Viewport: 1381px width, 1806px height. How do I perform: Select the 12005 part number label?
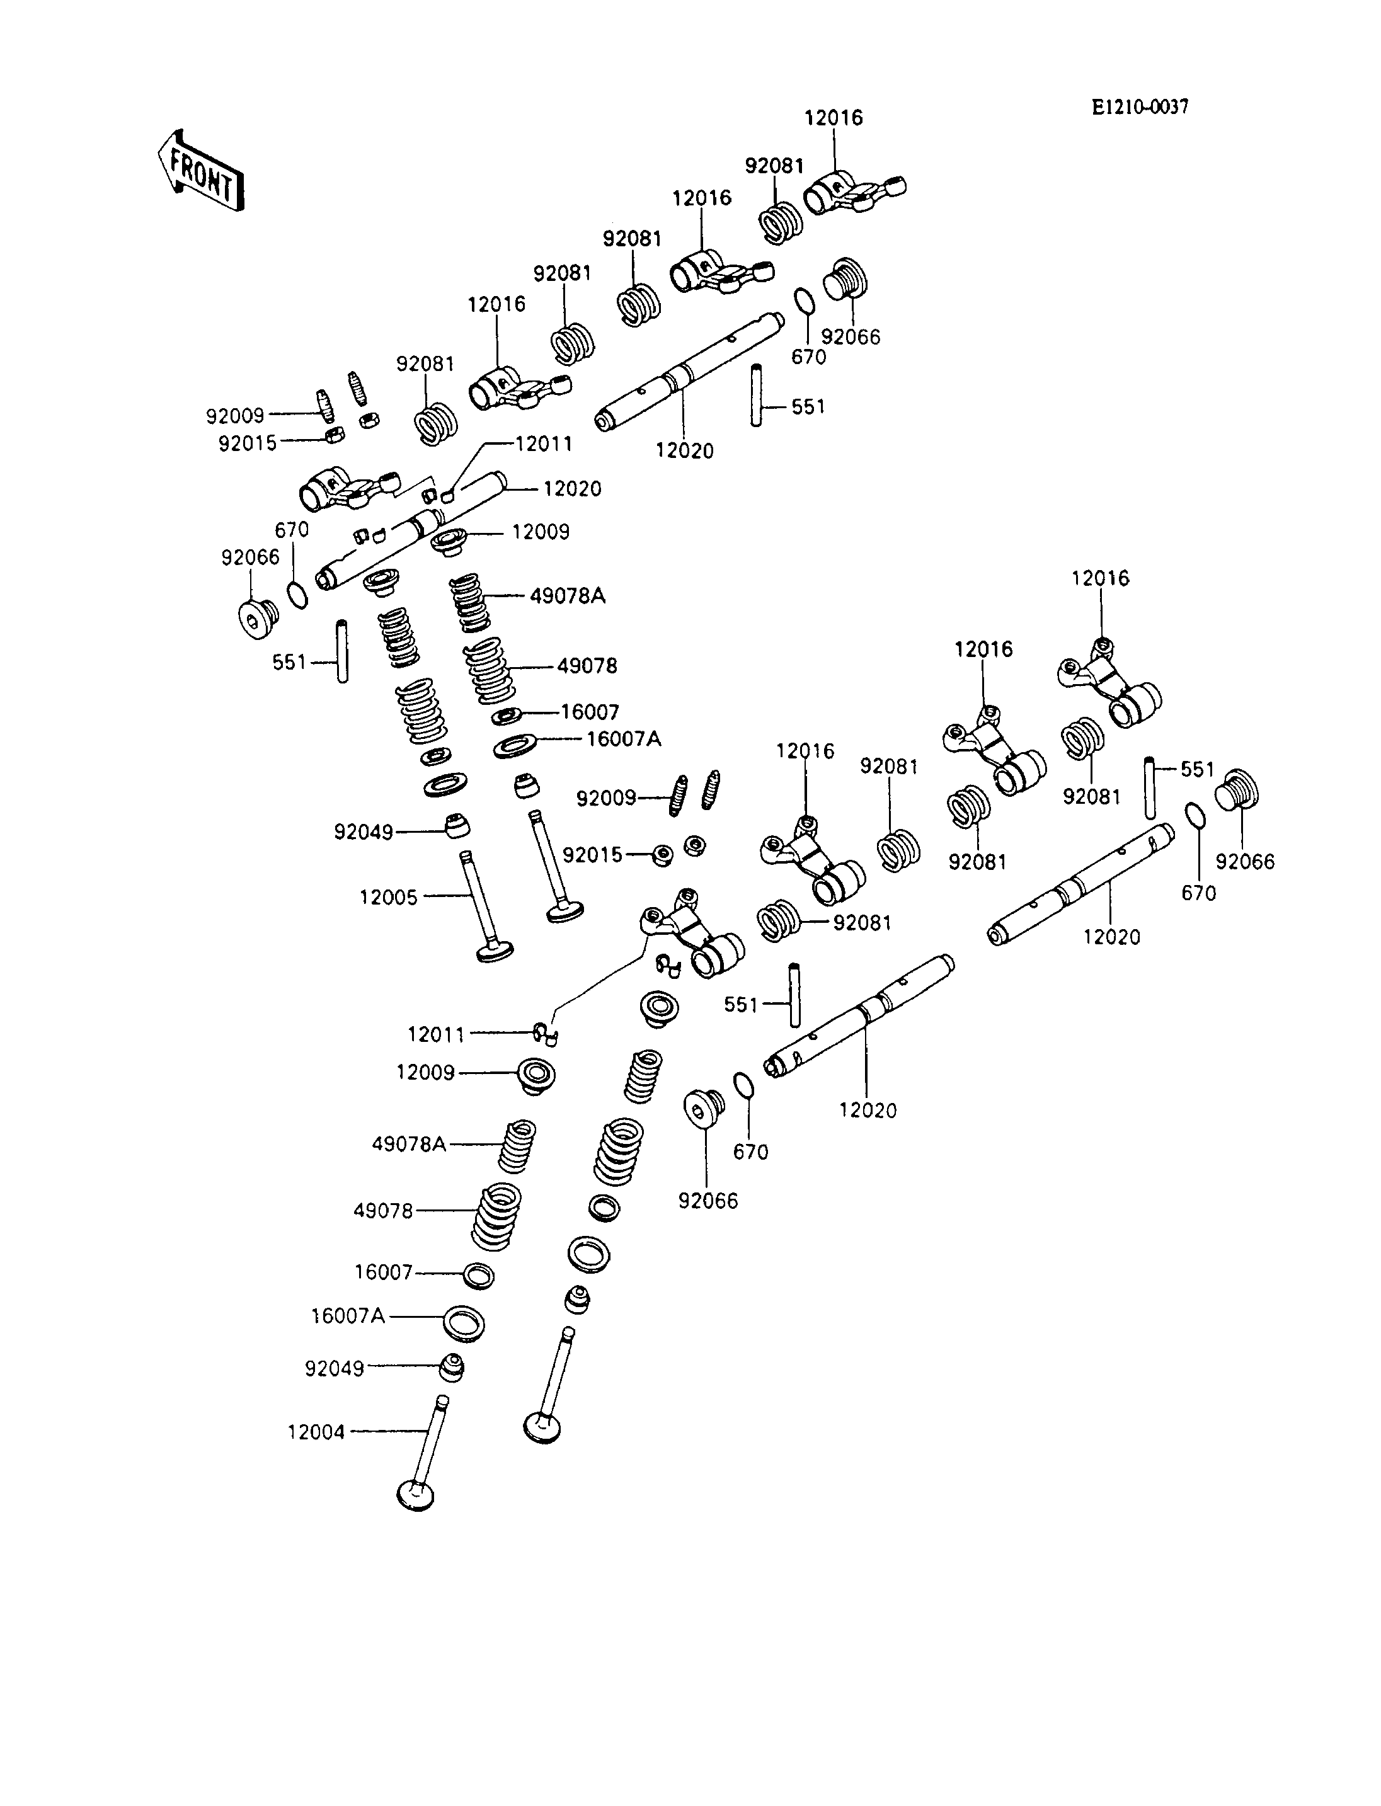pos(388,897)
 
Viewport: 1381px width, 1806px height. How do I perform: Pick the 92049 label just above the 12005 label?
pos(364,832)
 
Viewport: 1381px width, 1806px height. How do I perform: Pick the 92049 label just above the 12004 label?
pos(334,1369)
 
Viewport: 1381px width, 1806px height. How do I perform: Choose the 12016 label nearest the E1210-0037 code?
pos(834,118)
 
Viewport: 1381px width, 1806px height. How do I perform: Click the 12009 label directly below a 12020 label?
pos(540,532)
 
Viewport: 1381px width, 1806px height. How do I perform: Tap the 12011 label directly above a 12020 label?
pos(543,444)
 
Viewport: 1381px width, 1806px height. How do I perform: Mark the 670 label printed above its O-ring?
pos(292,530)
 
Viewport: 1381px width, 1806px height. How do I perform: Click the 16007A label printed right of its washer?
pos(623,739)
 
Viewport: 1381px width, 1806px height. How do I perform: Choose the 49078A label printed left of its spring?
pos(408,1143)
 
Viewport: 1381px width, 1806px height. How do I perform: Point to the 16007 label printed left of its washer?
pos(383,1272)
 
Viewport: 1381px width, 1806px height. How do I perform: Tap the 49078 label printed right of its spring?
pos(587,666)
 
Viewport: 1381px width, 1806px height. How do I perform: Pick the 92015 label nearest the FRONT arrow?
pos(248,444)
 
